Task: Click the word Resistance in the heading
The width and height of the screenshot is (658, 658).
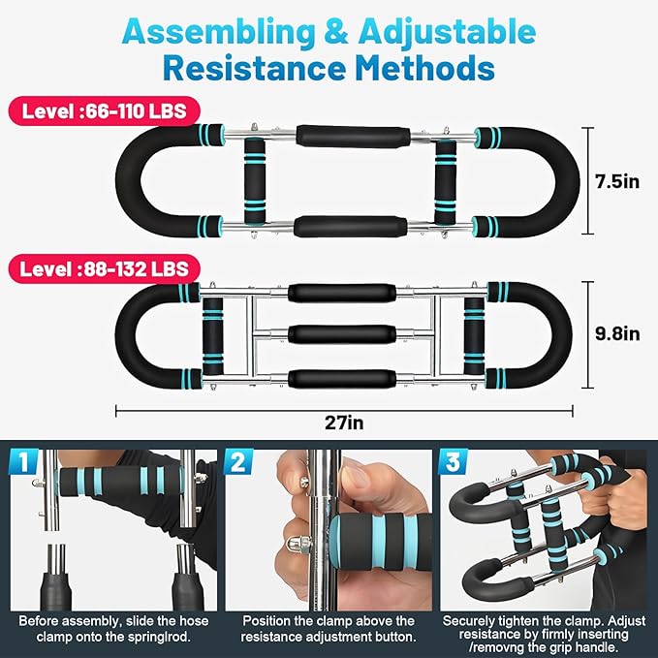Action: pyautogui.click(x=254, y=70)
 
